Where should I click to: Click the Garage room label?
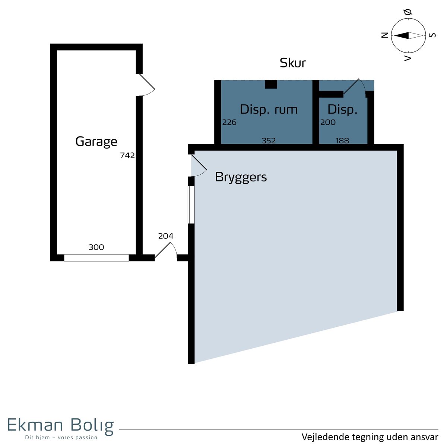96,142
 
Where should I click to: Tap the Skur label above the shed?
292,63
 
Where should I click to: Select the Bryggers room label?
241,177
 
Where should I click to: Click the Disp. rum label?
269,110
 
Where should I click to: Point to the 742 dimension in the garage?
127,155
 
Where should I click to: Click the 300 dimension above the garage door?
96,247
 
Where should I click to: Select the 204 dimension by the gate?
166,236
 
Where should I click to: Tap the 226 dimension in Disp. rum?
229,122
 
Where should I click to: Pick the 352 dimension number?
269,140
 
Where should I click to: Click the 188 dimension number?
342,140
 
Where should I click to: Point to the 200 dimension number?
328,122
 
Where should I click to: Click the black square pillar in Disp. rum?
271,85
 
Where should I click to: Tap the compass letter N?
385,35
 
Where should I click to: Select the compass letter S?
432,35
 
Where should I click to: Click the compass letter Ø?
408,12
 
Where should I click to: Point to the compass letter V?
408,58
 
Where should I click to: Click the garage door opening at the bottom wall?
96,258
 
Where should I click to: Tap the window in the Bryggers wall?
191,205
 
